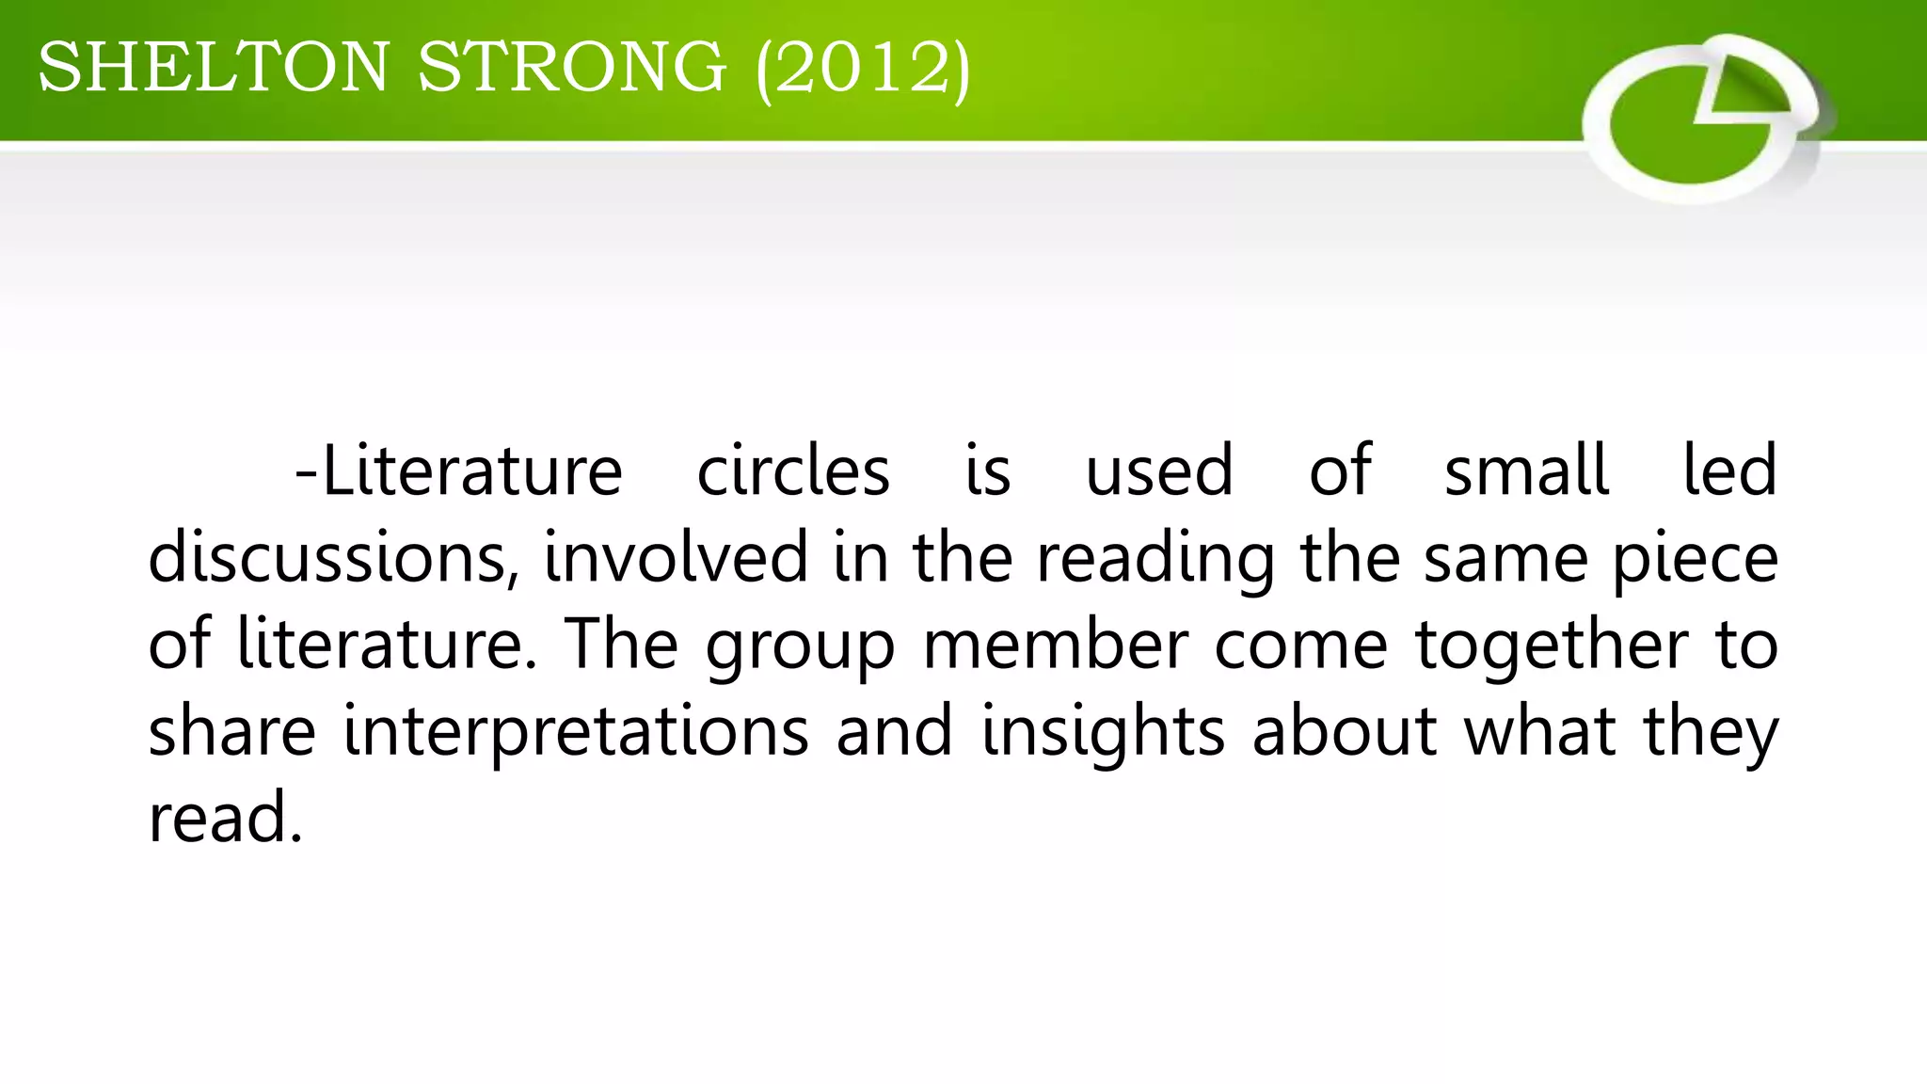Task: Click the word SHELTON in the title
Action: click(213, 68)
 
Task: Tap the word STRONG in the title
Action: click(572, 68)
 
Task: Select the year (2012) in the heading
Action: click(862, 68)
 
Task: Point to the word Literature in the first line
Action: click(471, 470)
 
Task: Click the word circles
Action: click(793, 470)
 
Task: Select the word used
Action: click(1159, 470)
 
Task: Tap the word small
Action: click(1526, 470)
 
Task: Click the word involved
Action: click(676, 557)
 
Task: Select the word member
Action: click(1056, 644)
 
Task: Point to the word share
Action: click(231, 730)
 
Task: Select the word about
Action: click(1345, 730)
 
